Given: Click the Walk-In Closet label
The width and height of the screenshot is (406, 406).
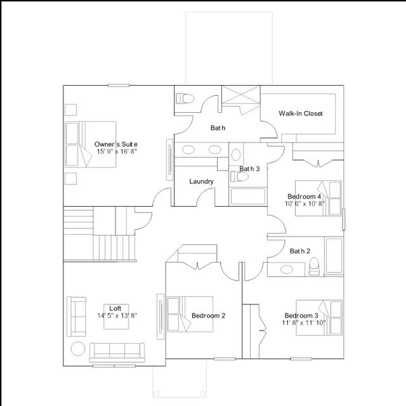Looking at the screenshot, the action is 301,114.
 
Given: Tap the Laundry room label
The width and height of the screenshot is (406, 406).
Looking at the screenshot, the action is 201,181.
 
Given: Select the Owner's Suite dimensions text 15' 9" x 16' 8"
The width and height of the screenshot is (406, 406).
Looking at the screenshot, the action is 117,152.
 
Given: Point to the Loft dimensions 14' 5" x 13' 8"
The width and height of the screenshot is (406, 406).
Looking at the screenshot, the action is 117,316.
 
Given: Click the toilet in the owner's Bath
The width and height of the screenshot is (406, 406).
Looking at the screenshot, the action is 185,99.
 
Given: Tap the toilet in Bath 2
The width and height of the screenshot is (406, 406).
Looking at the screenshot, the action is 315,266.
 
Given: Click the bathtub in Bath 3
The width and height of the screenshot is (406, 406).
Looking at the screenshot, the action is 248,197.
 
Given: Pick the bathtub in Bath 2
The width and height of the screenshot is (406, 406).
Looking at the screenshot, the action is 334,256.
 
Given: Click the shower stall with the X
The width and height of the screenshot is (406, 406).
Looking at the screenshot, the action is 241,95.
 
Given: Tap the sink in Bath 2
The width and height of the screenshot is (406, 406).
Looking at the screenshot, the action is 287,270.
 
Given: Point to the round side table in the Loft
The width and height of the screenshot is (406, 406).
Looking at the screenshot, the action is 77,349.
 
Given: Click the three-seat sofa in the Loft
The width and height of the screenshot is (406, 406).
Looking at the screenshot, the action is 117,353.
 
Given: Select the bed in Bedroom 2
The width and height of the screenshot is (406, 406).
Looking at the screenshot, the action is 190,314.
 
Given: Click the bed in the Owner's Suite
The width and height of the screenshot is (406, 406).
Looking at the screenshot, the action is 90,144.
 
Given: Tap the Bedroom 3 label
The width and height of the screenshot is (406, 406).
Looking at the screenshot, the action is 301,316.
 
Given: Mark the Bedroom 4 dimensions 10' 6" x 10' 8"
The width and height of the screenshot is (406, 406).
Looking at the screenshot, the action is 304,204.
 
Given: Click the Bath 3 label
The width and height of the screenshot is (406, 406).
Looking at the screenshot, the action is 249,169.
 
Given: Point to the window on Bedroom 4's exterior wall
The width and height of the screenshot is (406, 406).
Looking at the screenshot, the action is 344,219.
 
